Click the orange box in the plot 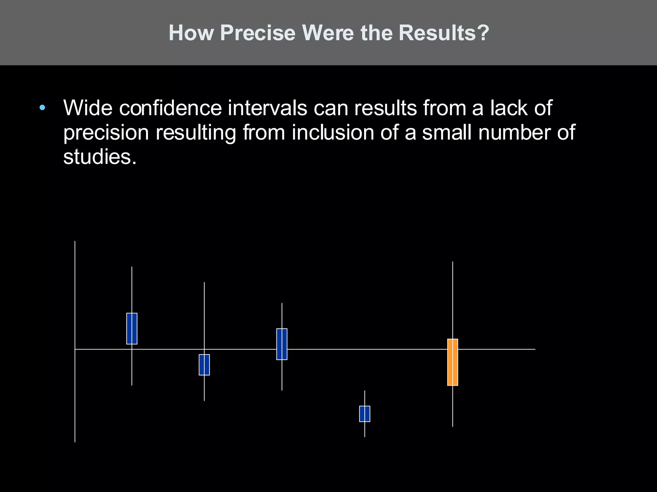click(453, 362)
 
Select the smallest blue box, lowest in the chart click(364, 414)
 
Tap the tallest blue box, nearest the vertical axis click(132, 328)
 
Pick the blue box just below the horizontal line click(204, 365)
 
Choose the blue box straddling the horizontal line click(282, 344)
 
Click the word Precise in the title click(258, 33)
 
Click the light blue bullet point click(42, 108)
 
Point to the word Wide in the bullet click(88, 108)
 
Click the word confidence click(170, 108)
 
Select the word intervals click(267, 108)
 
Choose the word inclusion click(333, 133)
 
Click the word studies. click(100, 157)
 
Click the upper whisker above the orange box click(453, 299)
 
